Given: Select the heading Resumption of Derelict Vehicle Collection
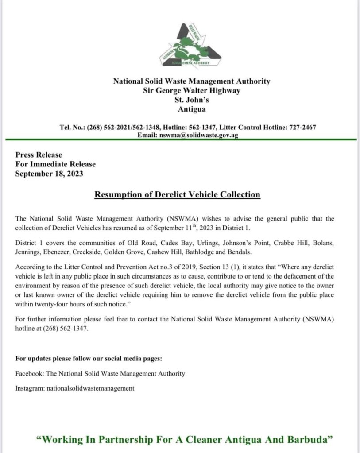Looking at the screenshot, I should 177,194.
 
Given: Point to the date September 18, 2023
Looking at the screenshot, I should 49,174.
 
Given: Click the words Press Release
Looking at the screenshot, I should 39,155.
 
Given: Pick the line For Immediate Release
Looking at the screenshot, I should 55,164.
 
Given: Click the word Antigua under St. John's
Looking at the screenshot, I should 192,109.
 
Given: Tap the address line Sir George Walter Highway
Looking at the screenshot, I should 192,91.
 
